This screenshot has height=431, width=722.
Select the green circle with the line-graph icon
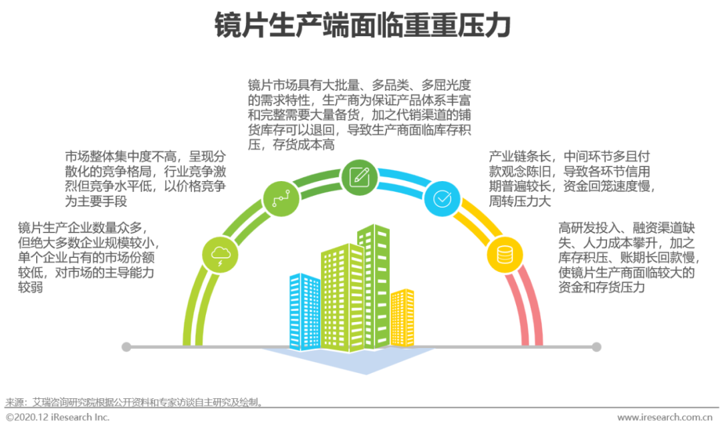[x=280, y=197]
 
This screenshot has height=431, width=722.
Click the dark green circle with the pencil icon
[x=359, y=176]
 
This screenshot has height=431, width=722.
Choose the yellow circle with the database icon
[x=504, y=254]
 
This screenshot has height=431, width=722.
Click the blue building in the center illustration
[x=304, y=311]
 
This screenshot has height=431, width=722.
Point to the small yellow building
[x=402, y=317]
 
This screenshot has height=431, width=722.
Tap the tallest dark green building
[x=373, y=284]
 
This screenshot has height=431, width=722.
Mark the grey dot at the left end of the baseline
[x=126, y=347]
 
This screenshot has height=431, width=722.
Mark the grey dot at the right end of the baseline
[x=597, y=347]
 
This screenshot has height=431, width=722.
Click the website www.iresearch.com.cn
[x=664, y=418]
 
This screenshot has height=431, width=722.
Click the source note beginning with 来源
[x=134, y=402]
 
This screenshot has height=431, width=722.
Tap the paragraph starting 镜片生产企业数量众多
[x=87, y=257]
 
